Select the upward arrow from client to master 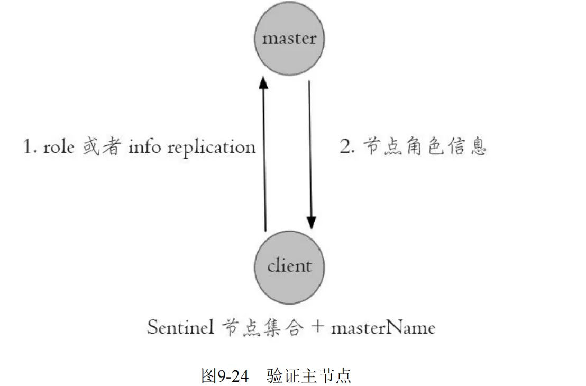click(x=265, y=159)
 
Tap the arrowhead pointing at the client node click(x=311, y=223)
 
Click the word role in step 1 click(x=59, y=146)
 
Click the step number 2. click(x=346, y=146)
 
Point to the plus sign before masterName click(x=317, y=327)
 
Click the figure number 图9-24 click(x=224, y=375)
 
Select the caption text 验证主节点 click(x=309, y=375)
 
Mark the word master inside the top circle click(x=289, y=39)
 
